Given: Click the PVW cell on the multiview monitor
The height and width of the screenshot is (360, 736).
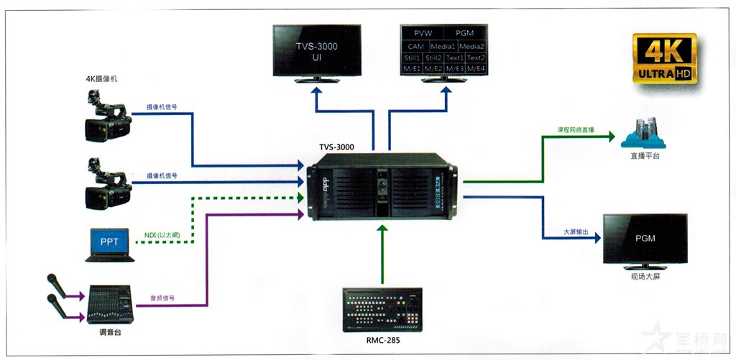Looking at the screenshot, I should (x=423, y=33).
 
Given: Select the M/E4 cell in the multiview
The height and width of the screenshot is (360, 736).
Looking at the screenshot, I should (x=476, y=68).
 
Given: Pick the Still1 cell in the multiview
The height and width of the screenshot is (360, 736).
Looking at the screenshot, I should (x=413, y=57).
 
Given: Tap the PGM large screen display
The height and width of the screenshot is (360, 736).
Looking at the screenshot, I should (x=644, y=239).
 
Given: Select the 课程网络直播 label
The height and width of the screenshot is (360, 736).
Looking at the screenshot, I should (x=576, y=130).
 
